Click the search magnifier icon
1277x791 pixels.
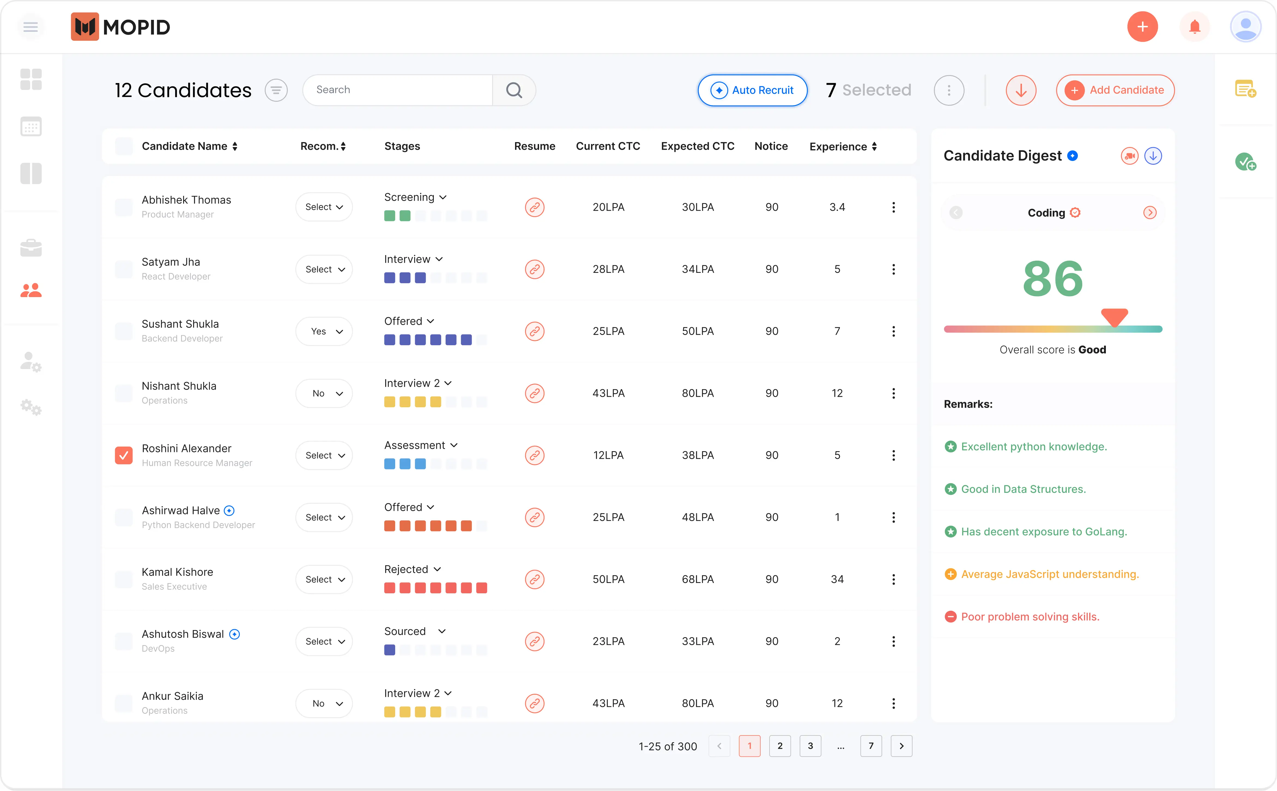click(x=514, y=90)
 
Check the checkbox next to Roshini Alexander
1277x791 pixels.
click(x=123, y=455)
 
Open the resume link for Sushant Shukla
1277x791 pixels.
click(x=534, y=331)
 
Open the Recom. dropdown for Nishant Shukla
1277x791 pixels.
click(x=324, y=393)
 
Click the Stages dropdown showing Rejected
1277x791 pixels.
click(x=413, y=569)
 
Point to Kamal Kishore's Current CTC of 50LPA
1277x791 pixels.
click(x=608, y=579)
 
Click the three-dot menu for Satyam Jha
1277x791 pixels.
click(x=893, y=269)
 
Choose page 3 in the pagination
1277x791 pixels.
click(x=810, y=746)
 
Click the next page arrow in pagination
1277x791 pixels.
click(x=901, y=746)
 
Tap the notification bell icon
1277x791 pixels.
click(x=1194, y=27)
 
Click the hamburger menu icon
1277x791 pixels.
click(x=30, y=27)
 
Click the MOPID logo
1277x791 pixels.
click(x=120, y=27)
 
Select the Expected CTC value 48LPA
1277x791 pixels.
click(x=697, y=517)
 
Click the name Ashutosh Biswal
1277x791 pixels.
click(x=183, y=634)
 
